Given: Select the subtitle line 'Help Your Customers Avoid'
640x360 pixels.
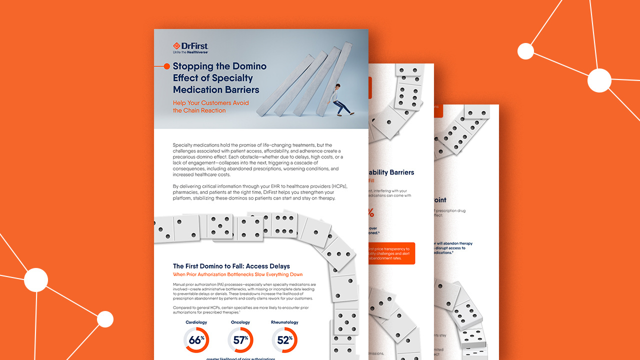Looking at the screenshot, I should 210,103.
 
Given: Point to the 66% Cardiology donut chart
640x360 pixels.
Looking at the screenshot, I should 196,340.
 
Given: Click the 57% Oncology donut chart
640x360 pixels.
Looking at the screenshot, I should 240,340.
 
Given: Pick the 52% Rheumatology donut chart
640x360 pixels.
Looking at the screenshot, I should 284,340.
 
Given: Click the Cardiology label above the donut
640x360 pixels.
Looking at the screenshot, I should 196,322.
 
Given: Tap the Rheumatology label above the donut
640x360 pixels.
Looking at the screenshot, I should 284,322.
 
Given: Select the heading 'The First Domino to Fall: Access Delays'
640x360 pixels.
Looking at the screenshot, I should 231,266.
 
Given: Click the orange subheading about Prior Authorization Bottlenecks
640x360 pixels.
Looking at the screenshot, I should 237,274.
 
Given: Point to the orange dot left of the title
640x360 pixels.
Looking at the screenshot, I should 166,66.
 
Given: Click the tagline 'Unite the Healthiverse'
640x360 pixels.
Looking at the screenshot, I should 190,52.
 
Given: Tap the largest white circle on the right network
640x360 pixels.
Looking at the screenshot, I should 599,80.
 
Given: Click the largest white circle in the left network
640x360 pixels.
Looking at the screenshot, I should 36,280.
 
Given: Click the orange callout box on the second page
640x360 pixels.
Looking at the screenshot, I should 391,253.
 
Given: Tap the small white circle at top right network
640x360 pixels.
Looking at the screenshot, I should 525,51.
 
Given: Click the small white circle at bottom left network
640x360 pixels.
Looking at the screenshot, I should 105,319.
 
